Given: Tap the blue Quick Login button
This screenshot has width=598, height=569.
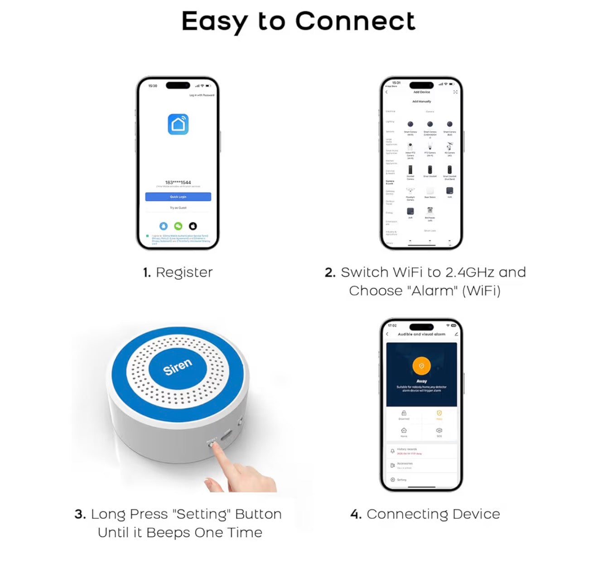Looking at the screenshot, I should point(178,197).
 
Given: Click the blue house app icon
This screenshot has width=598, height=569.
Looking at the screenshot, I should point(178,124).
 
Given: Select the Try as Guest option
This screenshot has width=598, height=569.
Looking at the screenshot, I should point(178,208).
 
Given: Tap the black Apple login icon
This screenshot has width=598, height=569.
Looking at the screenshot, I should point(193,226).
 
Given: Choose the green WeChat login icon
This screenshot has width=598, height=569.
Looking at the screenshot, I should point(178,226).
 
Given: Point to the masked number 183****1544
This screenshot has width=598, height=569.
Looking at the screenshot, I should point(178,182).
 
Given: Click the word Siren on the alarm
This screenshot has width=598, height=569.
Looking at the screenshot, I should point(178,367).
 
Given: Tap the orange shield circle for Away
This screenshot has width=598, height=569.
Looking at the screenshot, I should point(421,366).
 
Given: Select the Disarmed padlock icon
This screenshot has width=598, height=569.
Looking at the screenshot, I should point(404,413).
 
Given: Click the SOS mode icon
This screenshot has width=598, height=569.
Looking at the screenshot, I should point(439,430).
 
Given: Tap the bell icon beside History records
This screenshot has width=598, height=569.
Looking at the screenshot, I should point(392,451).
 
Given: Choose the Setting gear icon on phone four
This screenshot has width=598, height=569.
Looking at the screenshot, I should point(392,480).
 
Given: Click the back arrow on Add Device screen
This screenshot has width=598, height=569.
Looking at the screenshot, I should point(386,92).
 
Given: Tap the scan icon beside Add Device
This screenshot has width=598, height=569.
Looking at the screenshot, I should point(455,92).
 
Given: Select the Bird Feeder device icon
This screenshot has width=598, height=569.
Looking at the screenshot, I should point(430,211).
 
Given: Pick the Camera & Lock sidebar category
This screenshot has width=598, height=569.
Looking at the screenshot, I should point(390,182).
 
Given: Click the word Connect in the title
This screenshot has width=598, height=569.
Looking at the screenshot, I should point(355,21).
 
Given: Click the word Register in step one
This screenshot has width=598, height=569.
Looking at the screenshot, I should point(184,272).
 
